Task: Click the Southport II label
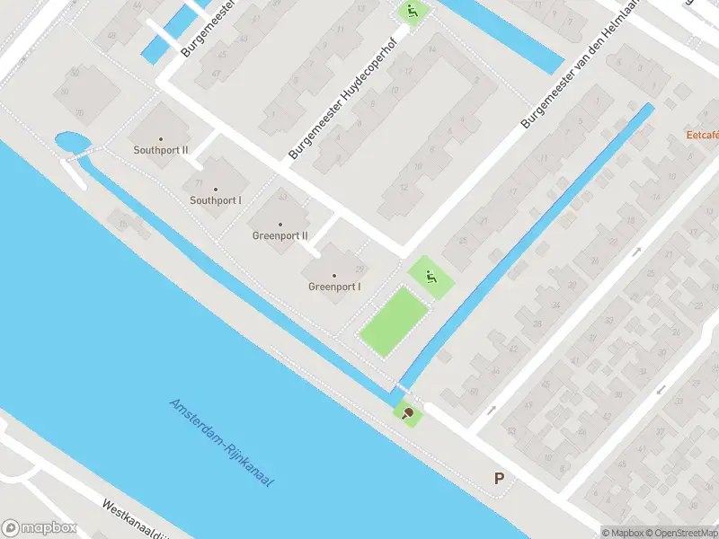(161, 151)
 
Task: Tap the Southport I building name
(216, 200)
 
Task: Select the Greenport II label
(280, 236)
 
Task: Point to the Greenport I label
(334, 287)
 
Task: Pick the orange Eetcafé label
(701, 136)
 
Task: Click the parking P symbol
(499, 479)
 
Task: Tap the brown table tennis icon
(409, 413)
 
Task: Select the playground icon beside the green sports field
(431, 278)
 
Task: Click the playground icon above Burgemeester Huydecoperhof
(413, 12)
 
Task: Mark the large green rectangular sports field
(393, 321)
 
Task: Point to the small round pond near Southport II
(67, 142)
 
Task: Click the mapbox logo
(40, 527)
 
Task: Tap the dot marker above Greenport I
(334, 275)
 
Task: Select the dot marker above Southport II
(161, 138)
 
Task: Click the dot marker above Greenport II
(280, 224)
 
